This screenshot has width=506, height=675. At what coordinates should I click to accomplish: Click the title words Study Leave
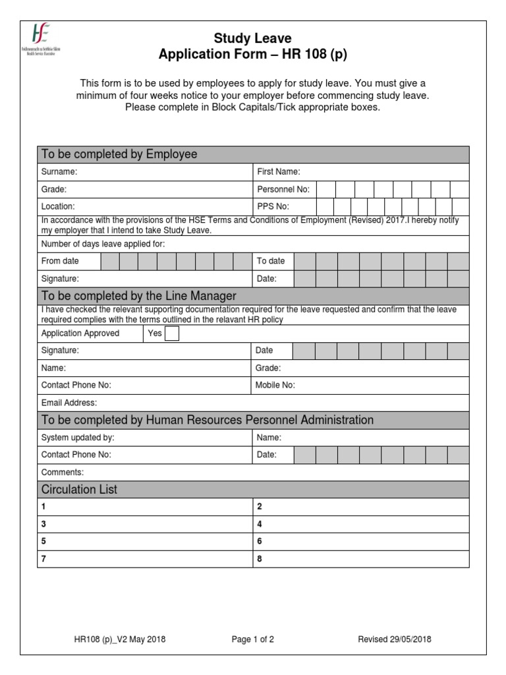click(253, 39)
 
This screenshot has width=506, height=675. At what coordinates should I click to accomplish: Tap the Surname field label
click(59, 171)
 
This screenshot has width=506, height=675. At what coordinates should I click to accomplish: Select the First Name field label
click(278, 171)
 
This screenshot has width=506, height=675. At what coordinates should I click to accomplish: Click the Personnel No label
click(283, 189)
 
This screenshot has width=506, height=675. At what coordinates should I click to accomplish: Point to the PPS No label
click(273, 206)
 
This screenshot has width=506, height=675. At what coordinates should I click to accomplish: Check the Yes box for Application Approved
click(171, 334)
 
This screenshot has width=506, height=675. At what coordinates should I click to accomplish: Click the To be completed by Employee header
click(119, 154)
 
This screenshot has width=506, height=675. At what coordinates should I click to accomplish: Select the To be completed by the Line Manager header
click(138, 296)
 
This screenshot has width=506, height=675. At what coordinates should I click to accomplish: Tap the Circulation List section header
click(79, 490)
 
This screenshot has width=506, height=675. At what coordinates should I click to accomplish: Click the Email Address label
click(69, 403)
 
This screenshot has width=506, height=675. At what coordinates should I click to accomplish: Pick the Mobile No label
click(275, 385)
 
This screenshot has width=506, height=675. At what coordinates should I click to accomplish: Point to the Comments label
click(63, 472)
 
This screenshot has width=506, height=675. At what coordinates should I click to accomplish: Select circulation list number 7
click(44, 558)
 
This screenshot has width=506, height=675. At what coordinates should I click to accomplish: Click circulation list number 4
click(259, 524)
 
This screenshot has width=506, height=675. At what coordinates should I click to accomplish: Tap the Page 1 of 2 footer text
click(253, 639)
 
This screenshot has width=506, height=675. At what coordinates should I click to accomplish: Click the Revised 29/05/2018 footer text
click(395, 639)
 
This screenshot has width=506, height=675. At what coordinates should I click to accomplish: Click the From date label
click(60, 261)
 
